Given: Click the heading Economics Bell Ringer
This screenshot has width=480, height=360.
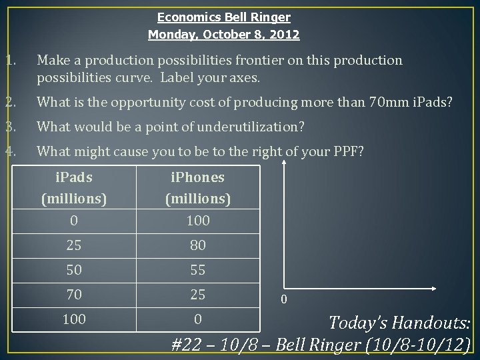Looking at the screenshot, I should click(x=223, y=17).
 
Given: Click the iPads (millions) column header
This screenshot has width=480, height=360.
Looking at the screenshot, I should click(x=73, y=188).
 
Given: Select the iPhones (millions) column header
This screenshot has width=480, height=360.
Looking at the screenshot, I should click(x=197, y=188).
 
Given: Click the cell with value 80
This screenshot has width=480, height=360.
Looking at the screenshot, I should click(x=197, y=245).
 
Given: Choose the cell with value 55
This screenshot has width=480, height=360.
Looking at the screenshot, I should click(x=197, y=271).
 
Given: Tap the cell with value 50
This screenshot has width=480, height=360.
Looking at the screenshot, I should click(x=73, y=271).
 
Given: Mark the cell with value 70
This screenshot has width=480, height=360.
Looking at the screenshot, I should click(x=73, y=295).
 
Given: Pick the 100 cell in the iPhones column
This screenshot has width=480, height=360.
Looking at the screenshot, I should click(x=197, y=220).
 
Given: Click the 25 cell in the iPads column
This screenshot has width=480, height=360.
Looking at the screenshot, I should click(x=73, y=245).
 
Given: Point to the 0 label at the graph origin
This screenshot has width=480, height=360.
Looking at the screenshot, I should click(x=283, y=299).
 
